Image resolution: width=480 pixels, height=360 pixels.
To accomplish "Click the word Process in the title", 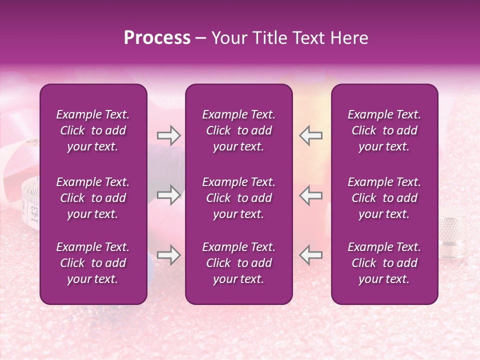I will tap(157, 38).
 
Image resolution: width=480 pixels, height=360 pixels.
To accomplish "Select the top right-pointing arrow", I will tap(168, 135).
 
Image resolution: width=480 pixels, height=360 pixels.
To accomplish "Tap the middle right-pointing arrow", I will tap(168, 195).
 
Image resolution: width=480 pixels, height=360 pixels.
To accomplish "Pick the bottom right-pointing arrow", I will tap(168, 255).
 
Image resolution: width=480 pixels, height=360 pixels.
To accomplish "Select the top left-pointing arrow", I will tap(310, 135).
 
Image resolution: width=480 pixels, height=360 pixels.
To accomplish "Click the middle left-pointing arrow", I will tap(310, 195).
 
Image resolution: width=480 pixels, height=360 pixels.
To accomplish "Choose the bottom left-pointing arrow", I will tap(310, 255).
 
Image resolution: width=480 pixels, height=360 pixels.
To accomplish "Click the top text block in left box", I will tap(93, 130).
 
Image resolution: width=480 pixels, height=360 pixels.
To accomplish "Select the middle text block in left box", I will tap(93, 198).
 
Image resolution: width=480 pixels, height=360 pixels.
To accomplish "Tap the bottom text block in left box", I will tap(93, 263).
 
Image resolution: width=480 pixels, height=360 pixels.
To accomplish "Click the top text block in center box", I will tap(238, 130).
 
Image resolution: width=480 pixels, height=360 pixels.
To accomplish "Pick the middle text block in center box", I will tap(238, 198).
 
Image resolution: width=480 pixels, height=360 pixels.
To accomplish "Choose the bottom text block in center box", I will tap(238, 263).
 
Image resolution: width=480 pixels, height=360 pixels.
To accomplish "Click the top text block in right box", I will tap(384, 130).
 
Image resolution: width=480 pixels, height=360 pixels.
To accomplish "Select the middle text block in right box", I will tap(384, 198).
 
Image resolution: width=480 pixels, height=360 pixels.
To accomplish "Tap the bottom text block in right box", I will tap(384, 263).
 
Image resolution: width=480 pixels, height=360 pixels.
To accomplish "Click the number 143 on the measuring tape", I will tap(34, 212).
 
